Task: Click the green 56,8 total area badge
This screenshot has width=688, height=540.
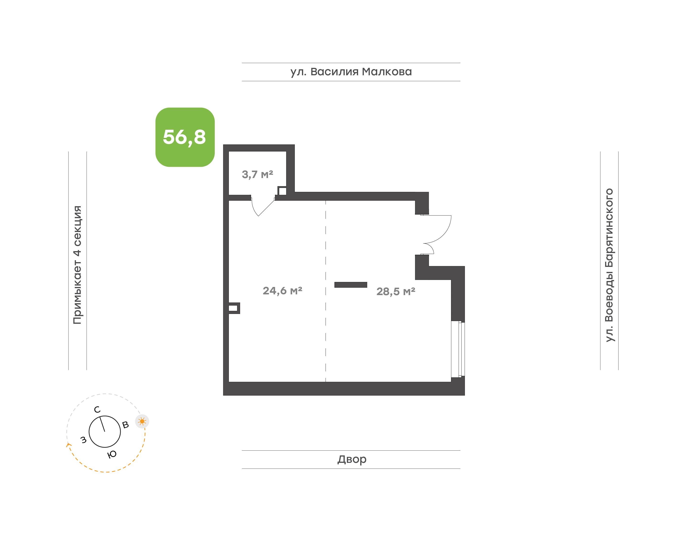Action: point(185,137)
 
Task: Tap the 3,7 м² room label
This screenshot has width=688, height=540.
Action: point(257,174)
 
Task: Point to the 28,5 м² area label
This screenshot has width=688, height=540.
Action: point(396,291)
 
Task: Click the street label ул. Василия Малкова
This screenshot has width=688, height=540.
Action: point(351,72)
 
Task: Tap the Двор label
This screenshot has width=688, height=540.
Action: point(352,459)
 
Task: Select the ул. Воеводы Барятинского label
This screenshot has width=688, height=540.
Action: point(609,265)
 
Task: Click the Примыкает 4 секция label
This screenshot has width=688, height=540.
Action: point(77,265)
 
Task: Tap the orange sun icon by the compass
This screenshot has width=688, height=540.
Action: point(142,421)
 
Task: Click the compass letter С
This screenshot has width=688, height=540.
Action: point(97,410)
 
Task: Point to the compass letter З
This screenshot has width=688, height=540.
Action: point(83,440)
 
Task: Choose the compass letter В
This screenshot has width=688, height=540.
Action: point(125,425)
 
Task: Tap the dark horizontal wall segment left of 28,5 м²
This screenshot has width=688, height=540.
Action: point(351,285)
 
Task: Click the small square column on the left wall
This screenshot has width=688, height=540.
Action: point(234,308)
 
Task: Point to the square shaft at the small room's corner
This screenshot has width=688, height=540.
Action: point(282,191)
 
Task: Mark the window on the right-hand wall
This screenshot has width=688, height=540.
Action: point(458,349)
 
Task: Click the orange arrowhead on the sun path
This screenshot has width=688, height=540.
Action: point(68,445)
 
